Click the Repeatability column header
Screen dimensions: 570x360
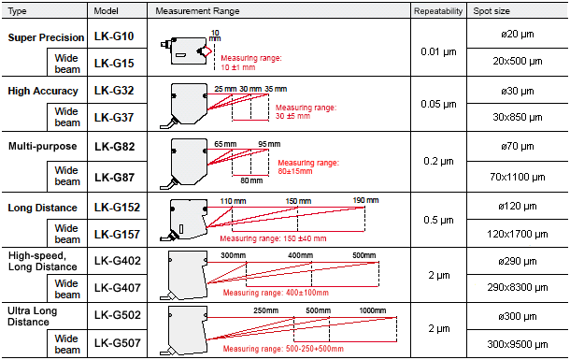pos(438,11)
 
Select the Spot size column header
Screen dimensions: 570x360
pos(492,11)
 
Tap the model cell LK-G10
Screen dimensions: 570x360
pos(114,36)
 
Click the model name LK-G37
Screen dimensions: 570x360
pos(114,118)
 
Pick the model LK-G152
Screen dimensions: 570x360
pos(117,208)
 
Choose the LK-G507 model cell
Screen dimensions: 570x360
pos(117,342)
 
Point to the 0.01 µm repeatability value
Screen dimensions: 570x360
pos(438,52)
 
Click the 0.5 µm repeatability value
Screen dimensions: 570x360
pos(438,221)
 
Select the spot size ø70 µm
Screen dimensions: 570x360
pos(518,147)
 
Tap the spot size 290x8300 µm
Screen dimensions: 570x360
pos(518,288)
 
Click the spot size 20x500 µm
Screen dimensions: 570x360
pos(518,61)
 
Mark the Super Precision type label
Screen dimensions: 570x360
pos(46,37)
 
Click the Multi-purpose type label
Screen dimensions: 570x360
pos(43,146)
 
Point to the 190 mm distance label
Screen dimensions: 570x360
pos(365,200)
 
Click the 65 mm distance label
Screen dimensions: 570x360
pos(225,144)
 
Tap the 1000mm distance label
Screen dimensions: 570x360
pos(373,310)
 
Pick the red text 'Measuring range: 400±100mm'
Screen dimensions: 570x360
pos(276,293)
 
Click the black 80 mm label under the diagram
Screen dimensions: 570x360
pos(251,180)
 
